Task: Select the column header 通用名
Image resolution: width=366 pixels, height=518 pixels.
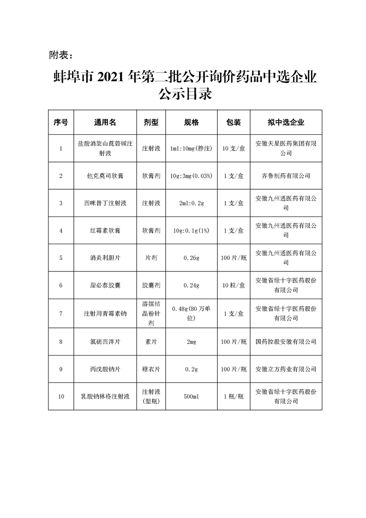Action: pyautogui.click(x=105, y=122)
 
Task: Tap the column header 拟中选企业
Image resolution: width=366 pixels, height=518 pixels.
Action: pyautogui.click(x=286, y=122)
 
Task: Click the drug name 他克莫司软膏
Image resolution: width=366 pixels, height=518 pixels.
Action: pyautogui.click(x=105, y=176)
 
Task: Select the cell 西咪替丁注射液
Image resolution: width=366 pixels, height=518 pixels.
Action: pyautogui.click(x=105, y=203)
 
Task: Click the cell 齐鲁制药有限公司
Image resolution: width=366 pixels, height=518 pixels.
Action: pyautogui.click(x=286, y=176)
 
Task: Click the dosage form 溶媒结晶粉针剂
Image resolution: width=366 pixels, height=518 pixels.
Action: pyautogui.click(x=151, y=313)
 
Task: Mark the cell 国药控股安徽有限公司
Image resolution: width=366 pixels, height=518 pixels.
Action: pyautogui.click(x=286, y=342)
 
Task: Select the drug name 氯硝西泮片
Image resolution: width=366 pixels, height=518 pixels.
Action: pyautogui.click(x=105, y=342)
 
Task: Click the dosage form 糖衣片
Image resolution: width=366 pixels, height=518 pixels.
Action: pyautogui.click(x=151, y=369)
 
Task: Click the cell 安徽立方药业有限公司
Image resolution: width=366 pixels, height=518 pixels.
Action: pyautogui.click(x=286, y=369)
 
